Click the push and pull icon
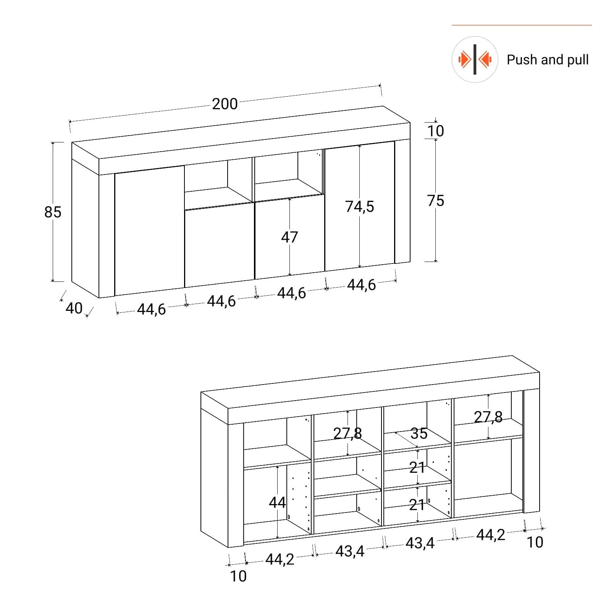point(475,59)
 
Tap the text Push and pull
point(548,60)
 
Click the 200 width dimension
point(225,104)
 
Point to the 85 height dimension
point(53,212)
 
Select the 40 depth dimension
point(74,308)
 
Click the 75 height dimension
point(436,200)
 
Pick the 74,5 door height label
point(360,207)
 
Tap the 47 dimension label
point(289,237)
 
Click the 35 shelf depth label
point(419,433)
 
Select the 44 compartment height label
point(277,502)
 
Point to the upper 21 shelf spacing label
point(417,467)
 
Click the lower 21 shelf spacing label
point(417,505)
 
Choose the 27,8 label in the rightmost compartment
point(488,417)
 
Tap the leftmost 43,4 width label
point(350,551)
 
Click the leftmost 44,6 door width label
point(151,309)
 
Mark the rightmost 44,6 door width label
point(361,285)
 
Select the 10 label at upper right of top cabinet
point(436,131)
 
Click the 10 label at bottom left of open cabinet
point(238,576)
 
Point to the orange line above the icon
point(522,25)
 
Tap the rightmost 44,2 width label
point(491,535)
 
